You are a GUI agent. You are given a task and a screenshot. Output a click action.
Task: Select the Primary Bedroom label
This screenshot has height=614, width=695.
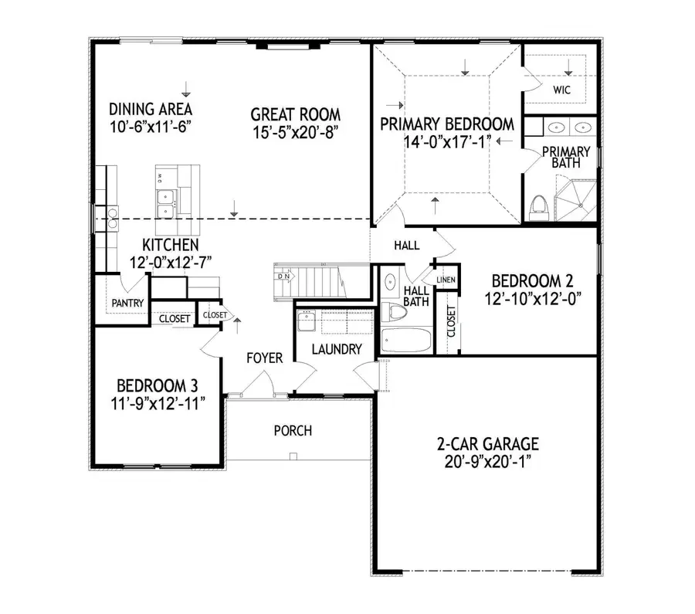447,124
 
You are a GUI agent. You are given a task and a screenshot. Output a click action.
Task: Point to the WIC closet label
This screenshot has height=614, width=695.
561,90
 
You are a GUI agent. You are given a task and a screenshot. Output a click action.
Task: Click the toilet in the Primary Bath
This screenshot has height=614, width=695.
539,205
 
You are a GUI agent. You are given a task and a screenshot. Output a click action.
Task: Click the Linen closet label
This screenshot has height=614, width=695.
446,280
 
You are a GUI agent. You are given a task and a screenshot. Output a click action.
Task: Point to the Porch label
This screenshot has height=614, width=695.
293,429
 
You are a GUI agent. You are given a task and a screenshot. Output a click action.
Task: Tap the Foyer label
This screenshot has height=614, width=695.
265,358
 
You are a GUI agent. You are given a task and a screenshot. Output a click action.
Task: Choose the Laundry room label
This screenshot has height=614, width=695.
336,349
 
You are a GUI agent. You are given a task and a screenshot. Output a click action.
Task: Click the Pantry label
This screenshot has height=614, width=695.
127,303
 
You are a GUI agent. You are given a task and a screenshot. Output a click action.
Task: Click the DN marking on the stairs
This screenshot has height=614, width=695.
285,275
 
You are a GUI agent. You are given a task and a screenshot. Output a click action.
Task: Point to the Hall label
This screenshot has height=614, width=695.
407,246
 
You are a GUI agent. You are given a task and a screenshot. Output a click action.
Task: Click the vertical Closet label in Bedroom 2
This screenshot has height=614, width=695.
451,322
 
